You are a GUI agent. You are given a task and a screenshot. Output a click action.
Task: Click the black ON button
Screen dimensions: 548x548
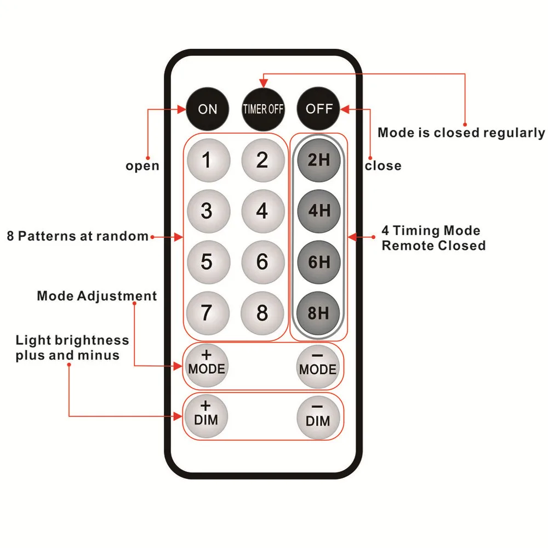207,109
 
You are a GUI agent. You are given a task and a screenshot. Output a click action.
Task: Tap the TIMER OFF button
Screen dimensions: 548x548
264,109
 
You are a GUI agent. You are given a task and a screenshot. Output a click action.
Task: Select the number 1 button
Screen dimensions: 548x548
207,160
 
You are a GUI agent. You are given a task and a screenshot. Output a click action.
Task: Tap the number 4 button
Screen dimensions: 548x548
262,210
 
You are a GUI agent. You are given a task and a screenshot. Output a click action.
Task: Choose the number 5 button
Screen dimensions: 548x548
207,261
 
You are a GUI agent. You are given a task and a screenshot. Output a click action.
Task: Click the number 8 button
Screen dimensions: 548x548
262,313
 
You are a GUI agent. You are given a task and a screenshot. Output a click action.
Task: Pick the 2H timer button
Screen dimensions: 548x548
319,160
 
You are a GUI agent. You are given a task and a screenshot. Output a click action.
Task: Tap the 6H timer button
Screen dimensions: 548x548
319,261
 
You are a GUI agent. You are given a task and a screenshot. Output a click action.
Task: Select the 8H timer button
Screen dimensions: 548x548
319,313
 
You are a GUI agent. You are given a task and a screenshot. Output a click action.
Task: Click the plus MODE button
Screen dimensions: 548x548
207,364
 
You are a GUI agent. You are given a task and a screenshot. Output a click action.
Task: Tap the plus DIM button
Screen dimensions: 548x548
206,415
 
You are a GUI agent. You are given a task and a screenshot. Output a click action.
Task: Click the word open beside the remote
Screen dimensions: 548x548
142,165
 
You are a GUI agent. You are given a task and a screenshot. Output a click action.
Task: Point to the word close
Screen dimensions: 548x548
383,165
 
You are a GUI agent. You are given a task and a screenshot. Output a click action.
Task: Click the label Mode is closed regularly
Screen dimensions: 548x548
461,133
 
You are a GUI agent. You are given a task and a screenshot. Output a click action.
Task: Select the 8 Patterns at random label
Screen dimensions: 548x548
78,237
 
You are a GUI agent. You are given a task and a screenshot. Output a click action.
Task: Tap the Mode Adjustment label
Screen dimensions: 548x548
97,296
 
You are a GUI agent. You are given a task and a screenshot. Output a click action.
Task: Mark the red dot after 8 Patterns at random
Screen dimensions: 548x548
151,237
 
